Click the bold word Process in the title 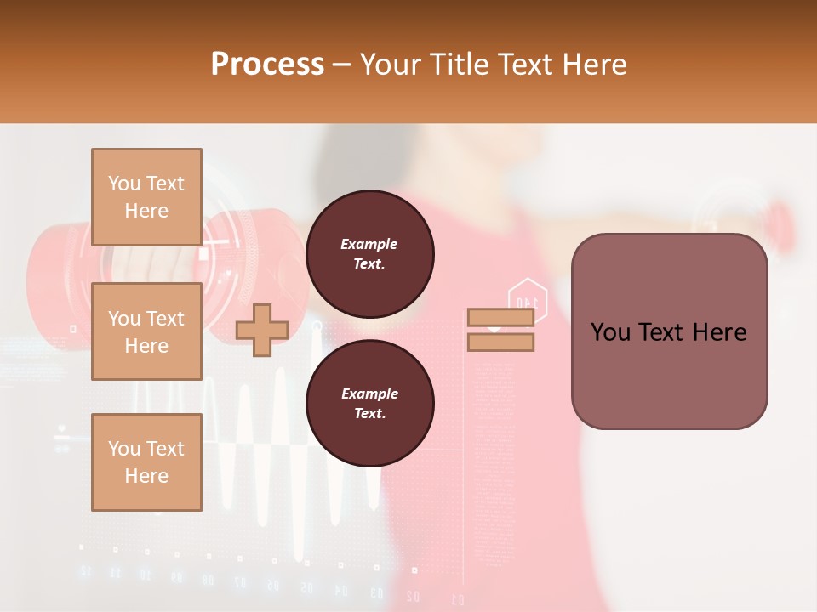tap(267, 65)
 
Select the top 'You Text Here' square tap(146, 197)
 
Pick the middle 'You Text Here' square tap(146, 331)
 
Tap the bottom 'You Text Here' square tap(146, 462)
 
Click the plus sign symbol tap(262, 330)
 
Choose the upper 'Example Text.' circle tap(369, 253)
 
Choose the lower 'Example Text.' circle tap(369, 403)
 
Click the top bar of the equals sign tap(500, 317)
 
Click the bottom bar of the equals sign tap(500, 343)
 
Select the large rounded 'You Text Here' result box tap(669, 331)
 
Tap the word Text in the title tap(524, 65)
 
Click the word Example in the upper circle tap(369, 244)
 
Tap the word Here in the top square tap(146, 211)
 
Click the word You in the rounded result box tap(609, 332)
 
